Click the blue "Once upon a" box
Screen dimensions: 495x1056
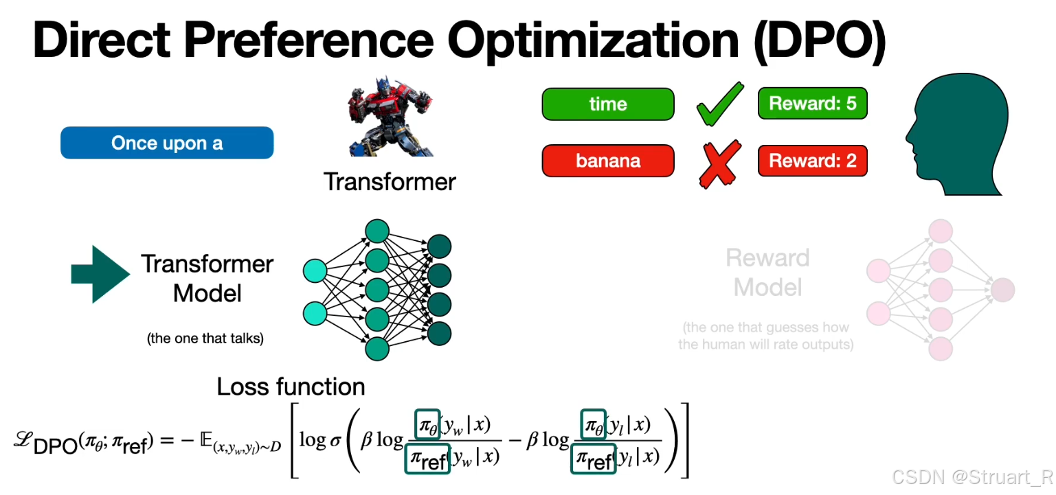167,143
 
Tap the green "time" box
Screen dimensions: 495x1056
608,104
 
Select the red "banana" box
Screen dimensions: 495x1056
608,161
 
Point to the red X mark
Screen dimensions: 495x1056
719,163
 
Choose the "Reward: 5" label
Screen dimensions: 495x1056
812,104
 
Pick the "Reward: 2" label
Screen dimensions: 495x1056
812,161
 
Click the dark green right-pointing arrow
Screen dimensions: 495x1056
100,273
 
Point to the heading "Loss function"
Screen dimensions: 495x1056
291,387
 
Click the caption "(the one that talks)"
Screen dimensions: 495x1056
205,338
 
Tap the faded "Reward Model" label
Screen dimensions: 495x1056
767,273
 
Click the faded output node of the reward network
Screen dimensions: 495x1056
1002,290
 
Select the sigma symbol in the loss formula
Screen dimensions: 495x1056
335,440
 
